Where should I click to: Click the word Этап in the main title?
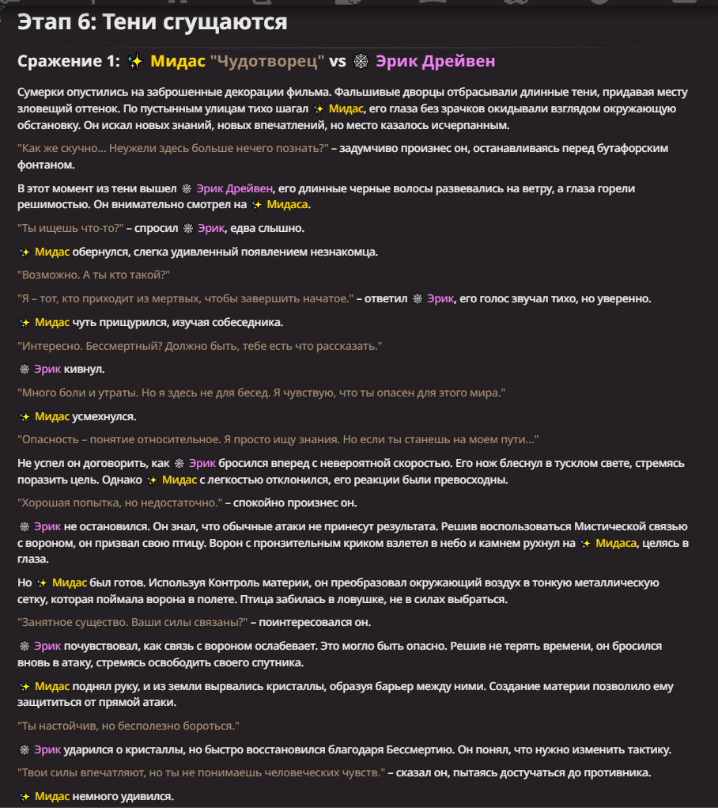coord(43,22)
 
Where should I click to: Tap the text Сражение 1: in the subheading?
coord(67,61)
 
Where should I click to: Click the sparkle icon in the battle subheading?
coord(134,62)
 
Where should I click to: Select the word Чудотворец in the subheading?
coord(267,61)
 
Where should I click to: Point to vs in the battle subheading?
coord(338,61)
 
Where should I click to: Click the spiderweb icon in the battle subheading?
coord(361,62)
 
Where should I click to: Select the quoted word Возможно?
coord(47,275)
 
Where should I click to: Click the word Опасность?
coord(49,439)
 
